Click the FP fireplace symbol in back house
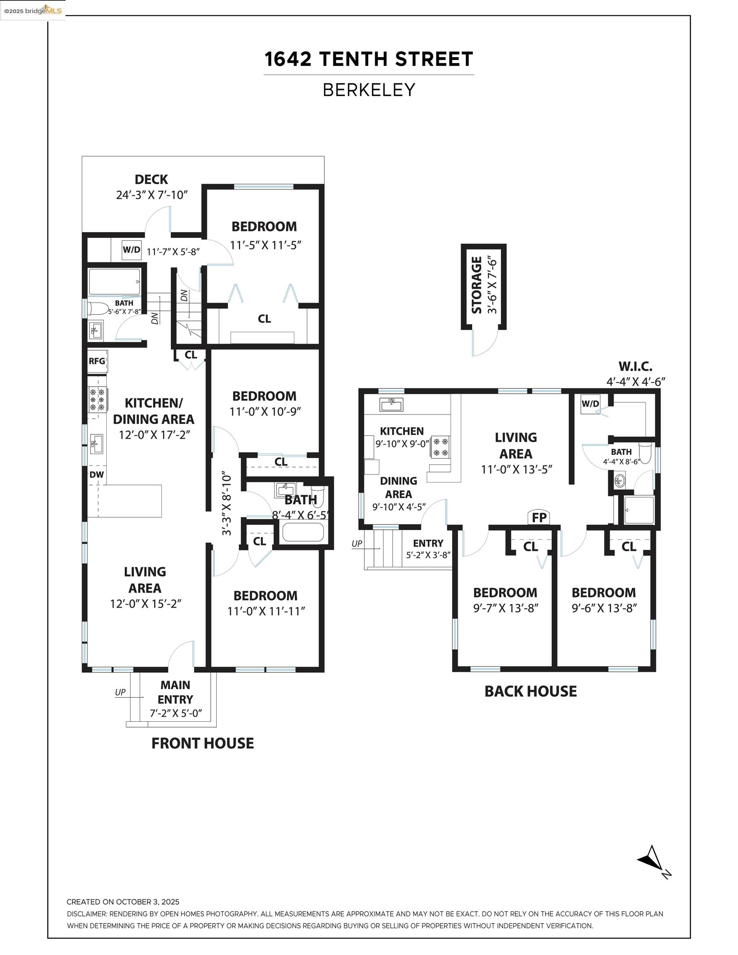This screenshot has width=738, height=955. click(x=539, y=517)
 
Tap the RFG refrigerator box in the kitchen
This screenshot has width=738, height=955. click(x=97, y=361)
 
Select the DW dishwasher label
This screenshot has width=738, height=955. click(x=97, y=475)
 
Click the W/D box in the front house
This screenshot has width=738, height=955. click(x=132, y=250)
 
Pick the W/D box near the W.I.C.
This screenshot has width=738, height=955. click(x=590, y=404)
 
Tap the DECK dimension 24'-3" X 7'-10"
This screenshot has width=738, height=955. click(x=151, y=195)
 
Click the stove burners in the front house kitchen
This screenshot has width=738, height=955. click(x=97, y=400)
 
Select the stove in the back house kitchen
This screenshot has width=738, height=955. click(x=441, y=447)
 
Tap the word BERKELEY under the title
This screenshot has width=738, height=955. click(x=369, y=90)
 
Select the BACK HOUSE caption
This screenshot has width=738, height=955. click(x=531, y=691)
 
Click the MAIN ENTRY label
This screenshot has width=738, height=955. click(x=175, y=692)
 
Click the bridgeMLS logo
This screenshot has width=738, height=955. click(x=33, y=10)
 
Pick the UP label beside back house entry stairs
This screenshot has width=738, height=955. click(x=357, y=543)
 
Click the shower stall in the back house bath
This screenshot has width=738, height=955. click(x=638, y=510)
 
